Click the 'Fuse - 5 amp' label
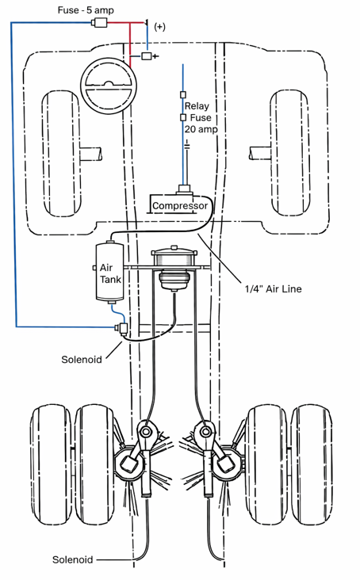86,10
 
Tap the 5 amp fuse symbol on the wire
99,23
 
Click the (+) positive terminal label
159,27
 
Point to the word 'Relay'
197,106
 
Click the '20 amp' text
201,129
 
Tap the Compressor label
180,206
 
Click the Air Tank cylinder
110,272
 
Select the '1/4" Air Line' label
273,289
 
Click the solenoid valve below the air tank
122,329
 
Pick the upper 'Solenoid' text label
82,360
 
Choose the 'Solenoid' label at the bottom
72,559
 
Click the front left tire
61,154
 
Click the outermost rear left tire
50,465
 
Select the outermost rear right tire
312,464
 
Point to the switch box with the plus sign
146,56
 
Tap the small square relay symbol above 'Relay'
182,95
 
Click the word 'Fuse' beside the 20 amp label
201,117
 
